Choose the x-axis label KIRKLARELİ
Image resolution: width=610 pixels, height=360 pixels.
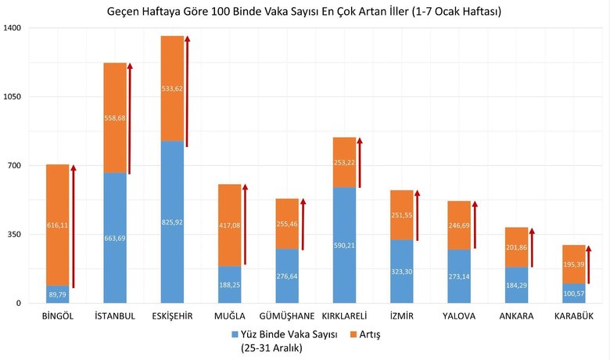[344, 316]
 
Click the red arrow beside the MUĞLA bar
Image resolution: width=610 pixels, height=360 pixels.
[245, 225]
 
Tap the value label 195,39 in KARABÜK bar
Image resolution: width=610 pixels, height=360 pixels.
[574, 265]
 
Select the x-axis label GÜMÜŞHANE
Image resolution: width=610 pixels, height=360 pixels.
[287, 316]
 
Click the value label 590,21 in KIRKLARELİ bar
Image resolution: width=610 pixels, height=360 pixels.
[344, 245]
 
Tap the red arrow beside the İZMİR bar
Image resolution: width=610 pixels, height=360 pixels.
[417, 214]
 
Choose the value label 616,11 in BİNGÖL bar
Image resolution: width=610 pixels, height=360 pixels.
[57, 225]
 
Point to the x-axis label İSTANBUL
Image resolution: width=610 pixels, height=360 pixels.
[115, 316]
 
